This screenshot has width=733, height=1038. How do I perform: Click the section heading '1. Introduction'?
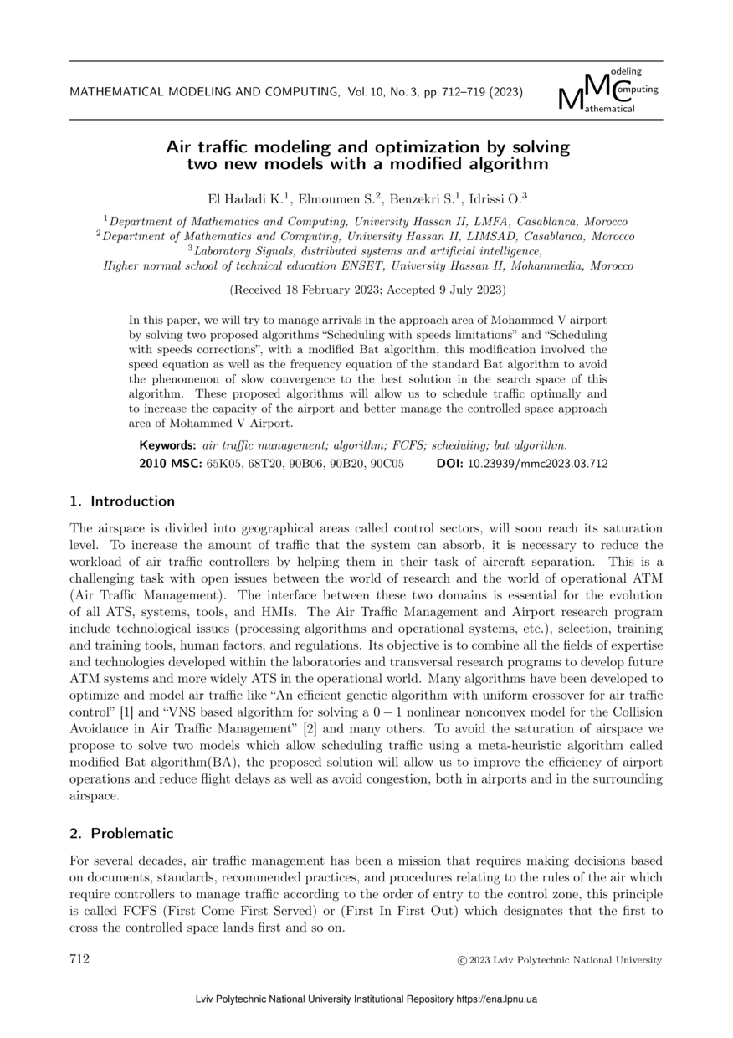(122, 501)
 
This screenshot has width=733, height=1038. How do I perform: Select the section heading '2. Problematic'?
(121, 834)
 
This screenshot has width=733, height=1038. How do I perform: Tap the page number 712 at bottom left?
(79, 959)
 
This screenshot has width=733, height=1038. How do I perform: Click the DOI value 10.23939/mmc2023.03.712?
(549, 464)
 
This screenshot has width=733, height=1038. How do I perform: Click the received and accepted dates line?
(366, 290)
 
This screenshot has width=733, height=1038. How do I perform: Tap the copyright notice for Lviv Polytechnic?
(560, 960)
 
